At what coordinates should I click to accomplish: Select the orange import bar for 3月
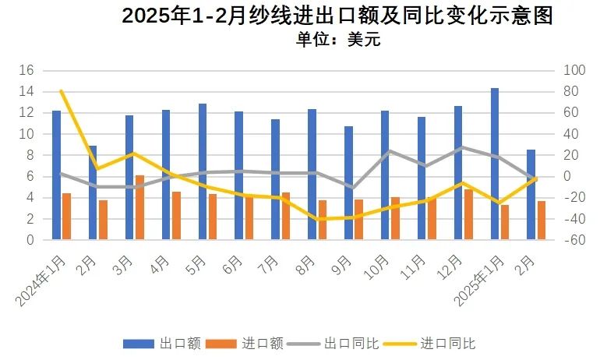coord(139,207)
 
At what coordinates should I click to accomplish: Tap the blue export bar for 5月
coord(203,171)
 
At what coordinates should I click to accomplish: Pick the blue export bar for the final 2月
coord(531,195)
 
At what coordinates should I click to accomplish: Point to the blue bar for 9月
coord(348,183)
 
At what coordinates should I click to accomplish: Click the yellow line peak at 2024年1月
coord(62,91)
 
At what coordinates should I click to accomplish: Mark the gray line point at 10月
coord(390,151)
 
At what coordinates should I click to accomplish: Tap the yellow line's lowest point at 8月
coord(316,219)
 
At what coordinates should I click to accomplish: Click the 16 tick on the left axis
coord(26,70)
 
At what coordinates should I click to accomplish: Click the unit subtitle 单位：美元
coord(338,40)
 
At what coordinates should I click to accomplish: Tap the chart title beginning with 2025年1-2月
coord(337,16)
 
